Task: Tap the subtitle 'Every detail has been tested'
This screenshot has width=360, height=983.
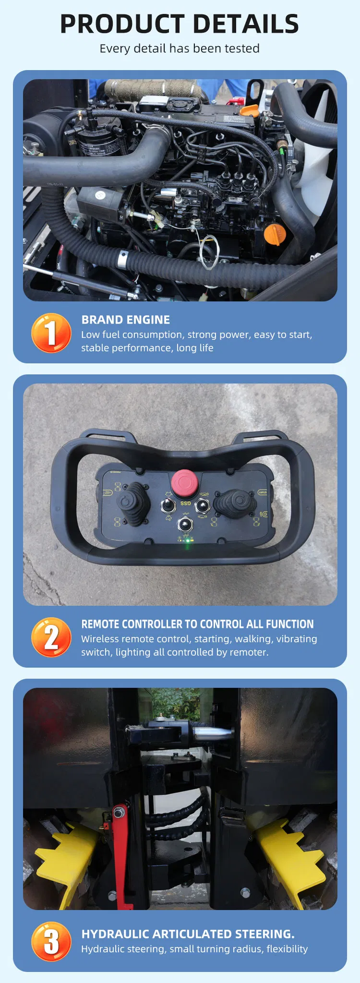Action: [x=180, y=48]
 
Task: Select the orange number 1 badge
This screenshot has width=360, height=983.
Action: [x=51, y=333]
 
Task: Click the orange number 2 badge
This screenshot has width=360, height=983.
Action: [x=51, y=637]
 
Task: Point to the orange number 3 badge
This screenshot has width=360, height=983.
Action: [x=51, y=941]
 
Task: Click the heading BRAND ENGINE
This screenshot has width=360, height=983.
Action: [x=125, y=320]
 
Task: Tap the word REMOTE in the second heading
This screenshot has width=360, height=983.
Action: [x=100, y=624]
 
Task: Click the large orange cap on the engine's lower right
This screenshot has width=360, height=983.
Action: [x=275, y=235]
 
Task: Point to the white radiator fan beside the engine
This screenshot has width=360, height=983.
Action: [x=314, y=182]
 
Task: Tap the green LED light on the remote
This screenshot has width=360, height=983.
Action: [x=188, y=540]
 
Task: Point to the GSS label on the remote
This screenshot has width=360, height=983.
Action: [x=185, y=503]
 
